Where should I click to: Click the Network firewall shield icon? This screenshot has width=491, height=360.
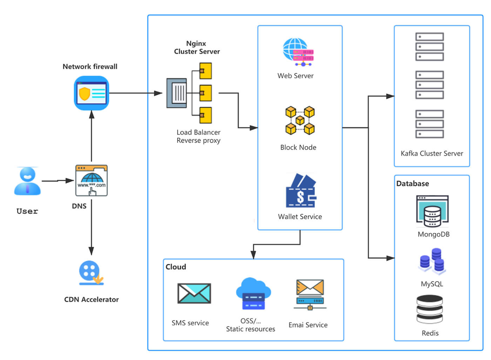pos(92,93)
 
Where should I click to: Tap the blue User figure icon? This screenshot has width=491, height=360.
pos(27,181)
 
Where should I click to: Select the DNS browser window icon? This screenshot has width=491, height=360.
pos(92,181)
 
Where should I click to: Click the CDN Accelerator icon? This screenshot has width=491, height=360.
pos(91,273)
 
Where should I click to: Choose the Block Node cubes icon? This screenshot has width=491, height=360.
pos(300,121)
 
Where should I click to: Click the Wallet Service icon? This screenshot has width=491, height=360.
pos(301,191)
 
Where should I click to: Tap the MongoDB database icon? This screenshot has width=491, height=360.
pos(432,211)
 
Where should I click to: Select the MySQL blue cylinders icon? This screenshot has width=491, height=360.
pos(432,261)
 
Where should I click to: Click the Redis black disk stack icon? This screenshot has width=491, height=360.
pos(430,309)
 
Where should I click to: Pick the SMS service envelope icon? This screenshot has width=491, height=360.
pos(194,293)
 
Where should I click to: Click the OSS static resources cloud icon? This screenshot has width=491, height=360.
pos(253,294)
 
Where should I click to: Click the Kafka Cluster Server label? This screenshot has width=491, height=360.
pos(432,154)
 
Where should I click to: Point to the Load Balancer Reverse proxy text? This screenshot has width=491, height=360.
pos(199,136)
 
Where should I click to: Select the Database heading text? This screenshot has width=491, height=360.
pos(412,184)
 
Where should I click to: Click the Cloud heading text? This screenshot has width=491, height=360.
pos(176,267)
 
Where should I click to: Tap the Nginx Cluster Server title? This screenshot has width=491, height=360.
pos(197,47)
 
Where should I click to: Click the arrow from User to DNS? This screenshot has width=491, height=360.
pos(58,181)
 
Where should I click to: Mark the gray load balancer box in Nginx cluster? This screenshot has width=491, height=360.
pos(177,93)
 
